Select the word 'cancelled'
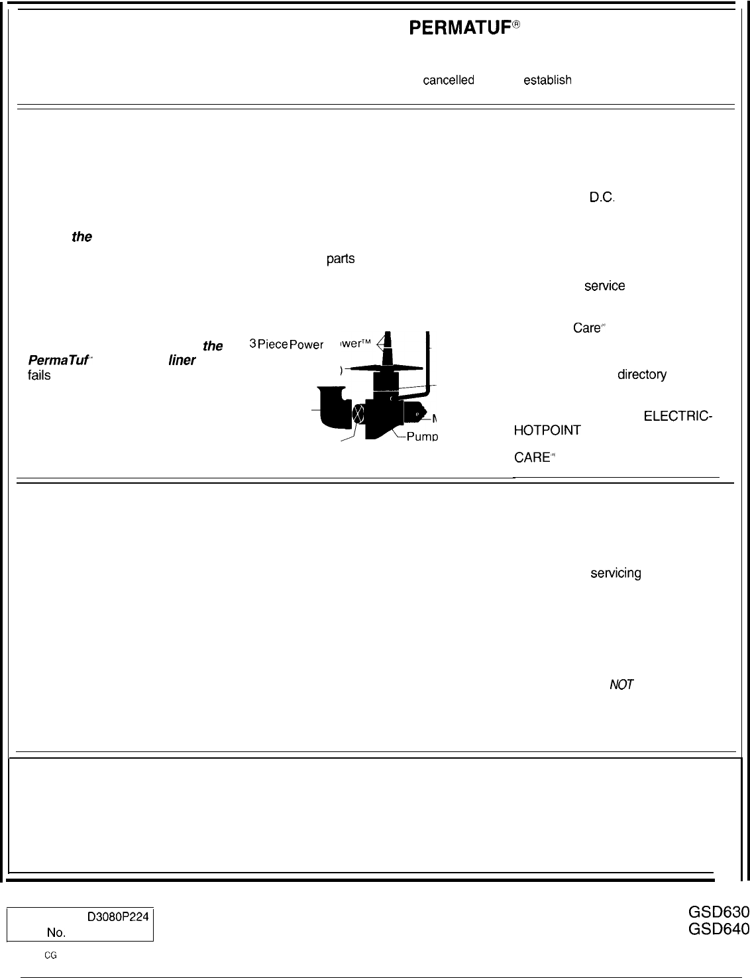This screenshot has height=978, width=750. tap(449, 80)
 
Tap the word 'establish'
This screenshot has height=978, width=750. tap(547, 80)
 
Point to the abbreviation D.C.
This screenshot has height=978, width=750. tap(603, 197)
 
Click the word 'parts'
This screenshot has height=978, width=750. tap(341, 258)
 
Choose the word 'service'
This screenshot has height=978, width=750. tap(604, 286)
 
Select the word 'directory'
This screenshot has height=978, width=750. tap(642, 374)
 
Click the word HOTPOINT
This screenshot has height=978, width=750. tap(547, 430)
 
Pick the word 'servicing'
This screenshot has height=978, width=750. tap(616, 573)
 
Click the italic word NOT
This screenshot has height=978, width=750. tap(621, 685)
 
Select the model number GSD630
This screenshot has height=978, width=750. tap(719, 913)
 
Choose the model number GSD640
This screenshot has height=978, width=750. tap(719, 929)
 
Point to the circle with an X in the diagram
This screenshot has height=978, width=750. tap(358, 414)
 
